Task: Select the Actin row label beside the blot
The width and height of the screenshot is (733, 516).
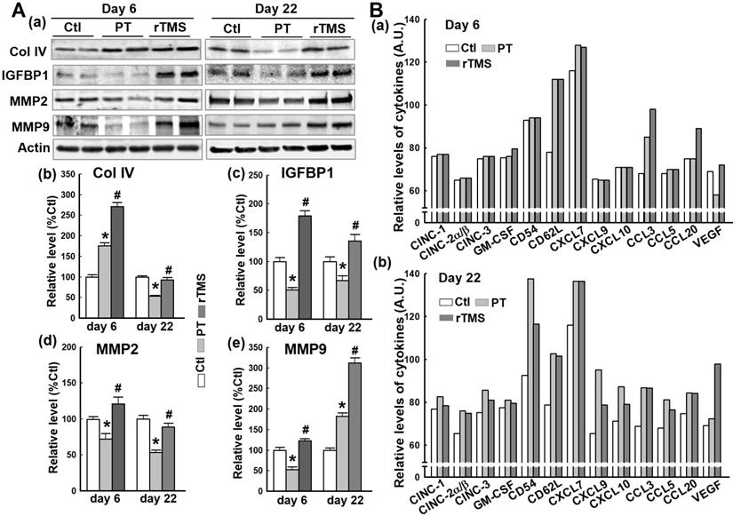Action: [23, 145]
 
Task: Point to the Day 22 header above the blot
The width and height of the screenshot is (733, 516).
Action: [284, 8]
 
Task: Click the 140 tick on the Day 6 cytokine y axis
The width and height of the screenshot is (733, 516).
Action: [430, 20]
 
